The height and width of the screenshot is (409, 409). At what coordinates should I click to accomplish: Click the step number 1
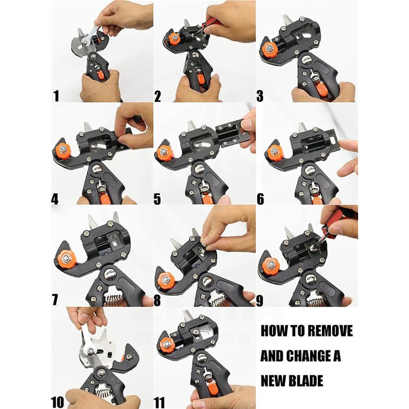click(56, 96)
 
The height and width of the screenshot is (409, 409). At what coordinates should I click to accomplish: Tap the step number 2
click(158, 96)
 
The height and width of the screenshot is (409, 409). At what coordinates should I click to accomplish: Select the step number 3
click(260, 96)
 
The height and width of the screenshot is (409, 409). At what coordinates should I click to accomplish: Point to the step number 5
click(157, 199)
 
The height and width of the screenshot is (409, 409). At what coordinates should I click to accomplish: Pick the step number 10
click(57, 402)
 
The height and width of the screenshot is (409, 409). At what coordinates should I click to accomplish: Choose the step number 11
click(159, 402)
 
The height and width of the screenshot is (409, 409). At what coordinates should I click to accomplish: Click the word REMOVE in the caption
click(329, 330)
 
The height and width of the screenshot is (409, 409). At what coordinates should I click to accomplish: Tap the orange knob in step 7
click(66, 258)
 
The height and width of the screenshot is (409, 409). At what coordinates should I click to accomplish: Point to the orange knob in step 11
click(165, 345)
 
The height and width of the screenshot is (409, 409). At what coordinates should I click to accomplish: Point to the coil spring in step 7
click(114, 301)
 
